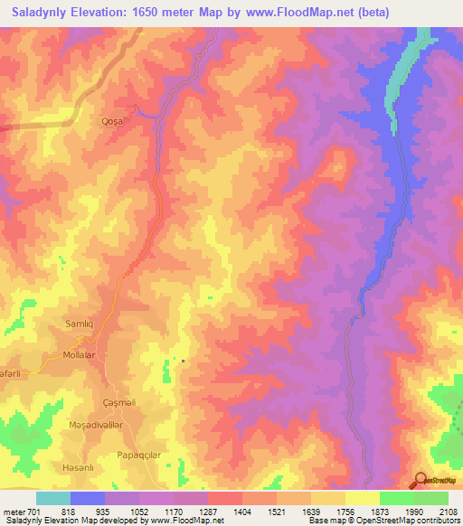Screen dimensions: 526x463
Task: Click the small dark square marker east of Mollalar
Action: coord(183,361)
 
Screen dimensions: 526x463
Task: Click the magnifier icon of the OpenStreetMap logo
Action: coord(420,479)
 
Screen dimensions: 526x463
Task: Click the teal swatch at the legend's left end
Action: coord(52,498)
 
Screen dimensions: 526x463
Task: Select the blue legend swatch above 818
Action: coord(88,498)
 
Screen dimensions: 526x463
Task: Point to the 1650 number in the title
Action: coord(170,12)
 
